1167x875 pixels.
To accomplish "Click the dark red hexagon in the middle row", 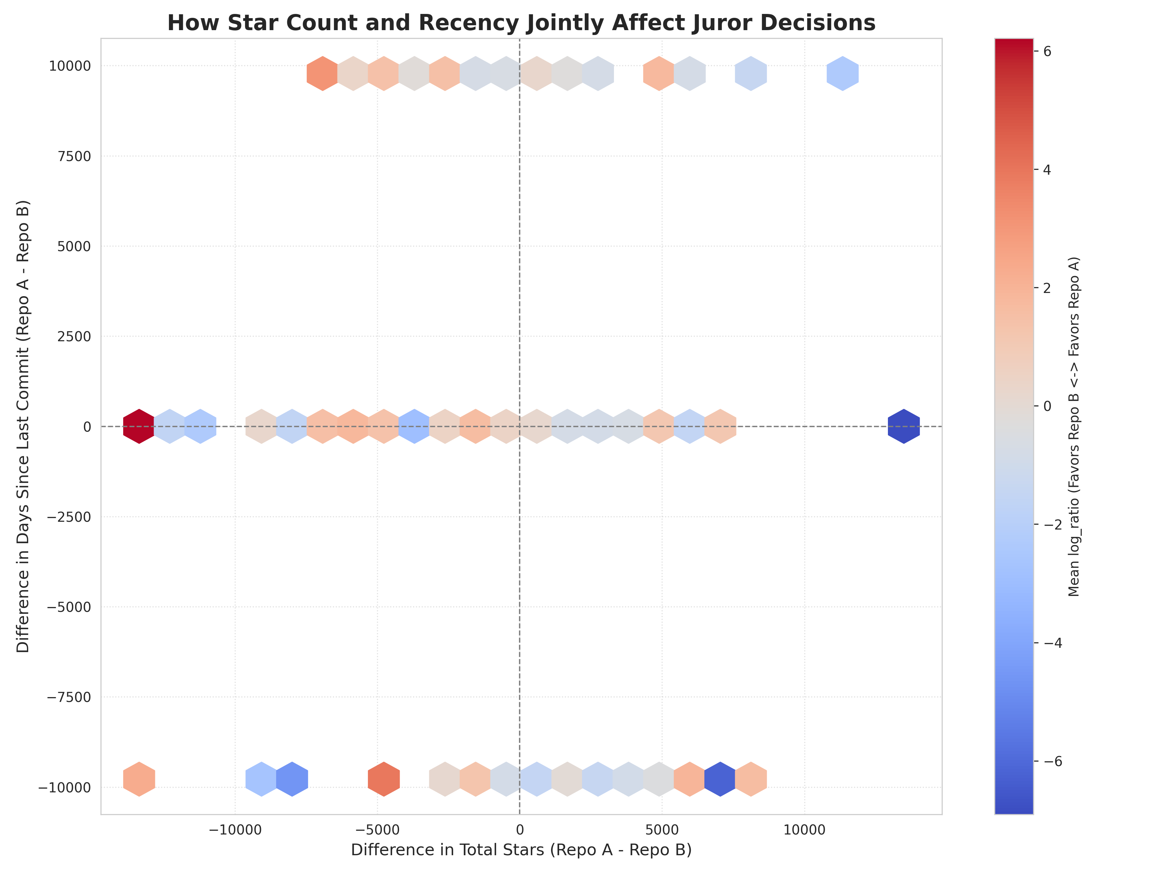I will pyautogui.click(x=139, y=426).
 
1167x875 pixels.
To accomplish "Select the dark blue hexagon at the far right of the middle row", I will pyautogui.click(x=904, y=426).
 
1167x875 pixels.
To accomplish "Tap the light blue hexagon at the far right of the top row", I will pyautogui.click(x=843, y=73).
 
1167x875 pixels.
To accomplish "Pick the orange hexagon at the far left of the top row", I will pyautogui.click(x=322, y=73).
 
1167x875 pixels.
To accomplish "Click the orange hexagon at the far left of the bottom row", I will pyautogui.click(x=139, y=779).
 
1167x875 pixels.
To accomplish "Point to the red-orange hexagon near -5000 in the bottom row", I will pyautogui.click(x=383, y=779).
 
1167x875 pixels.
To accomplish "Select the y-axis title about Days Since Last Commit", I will pyautogui.click(x=23, y=426).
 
